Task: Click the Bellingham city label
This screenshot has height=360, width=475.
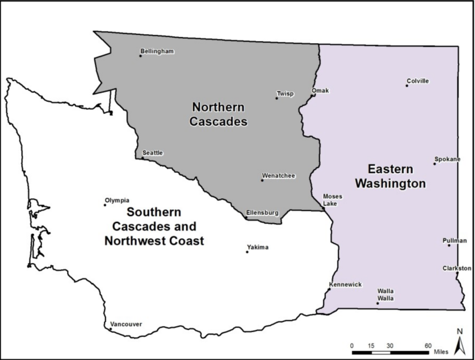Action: pyautogui.click(x=157, y=51)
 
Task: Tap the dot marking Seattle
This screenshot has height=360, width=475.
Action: pyautogui.click(x=142, y=158)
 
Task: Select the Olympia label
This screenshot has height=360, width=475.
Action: pyautogui.click(x=117, y=200)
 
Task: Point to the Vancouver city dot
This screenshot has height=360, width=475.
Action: pyautogui.click(x=110, y=329)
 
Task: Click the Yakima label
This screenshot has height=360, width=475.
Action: pyautogui.click(x=257, y=247)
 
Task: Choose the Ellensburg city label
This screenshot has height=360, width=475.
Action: pyautogui.click(x=262, y=213)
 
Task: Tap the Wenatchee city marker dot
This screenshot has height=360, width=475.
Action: pyautogui.click(x=262, y=180)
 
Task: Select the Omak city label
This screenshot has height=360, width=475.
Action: pyautogui.click(x=320, y=90)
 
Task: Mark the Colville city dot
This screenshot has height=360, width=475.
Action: pyautogui.click(x=407, y=85)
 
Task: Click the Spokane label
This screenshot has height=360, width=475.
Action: pyautogui.click(x=447, y=159)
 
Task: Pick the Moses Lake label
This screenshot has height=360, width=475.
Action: pyautogui.click(x=333, y=200)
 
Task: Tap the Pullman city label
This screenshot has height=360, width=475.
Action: pyautogui.click(x=455, y=240)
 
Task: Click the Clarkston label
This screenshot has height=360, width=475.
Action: pyautogui.click(x=456, y=268)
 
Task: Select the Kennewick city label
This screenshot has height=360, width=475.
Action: pyautogui.click(x=345, y=284)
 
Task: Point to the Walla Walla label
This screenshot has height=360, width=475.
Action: pyautogui.click(x=385, y=295)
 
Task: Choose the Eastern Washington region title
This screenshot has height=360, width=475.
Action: pyautogui.click(x=390, y=176)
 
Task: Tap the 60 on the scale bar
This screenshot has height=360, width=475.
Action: pyautogui.click(x=428, y=346)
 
